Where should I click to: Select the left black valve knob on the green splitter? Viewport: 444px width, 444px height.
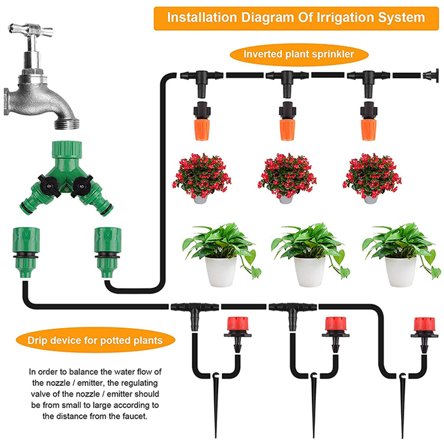point(48,184)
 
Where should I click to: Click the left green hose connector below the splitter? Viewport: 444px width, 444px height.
point(26,252)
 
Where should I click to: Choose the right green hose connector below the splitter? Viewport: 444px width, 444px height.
point(107,252)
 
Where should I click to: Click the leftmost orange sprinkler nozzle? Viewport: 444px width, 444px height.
point(202,128)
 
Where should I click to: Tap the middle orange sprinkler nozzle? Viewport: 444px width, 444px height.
point(287,128)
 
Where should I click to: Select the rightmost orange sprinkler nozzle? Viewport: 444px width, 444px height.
point(369,128)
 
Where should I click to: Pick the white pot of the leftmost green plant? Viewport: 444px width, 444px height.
point(221,271)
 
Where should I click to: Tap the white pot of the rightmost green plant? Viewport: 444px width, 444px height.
point(400,271)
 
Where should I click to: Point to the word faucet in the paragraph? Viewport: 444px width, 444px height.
point(132,416)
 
